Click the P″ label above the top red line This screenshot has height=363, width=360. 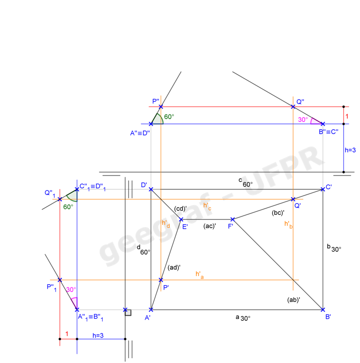(x=156, y=101)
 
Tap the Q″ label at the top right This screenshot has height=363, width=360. (x=300, y=102)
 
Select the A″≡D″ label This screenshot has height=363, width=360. (x=140, y=133)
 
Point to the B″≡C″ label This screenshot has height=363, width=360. (x=329, y=132)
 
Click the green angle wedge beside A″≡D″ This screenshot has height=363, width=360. (x=157, y=119)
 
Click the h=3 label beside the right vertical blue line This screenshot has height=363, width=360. (x=351, y=150)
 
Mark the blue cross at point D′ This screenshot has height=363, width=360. (x=151, y=189)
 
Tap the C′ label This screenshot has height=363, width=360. (x=329, y=187)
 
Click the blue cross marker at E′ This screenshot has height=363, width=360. (x=181, y=219)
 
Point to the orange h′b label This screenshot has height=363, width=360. (x=289, y=224)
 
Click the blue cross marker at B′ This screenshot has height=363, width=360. (x=323, y=310)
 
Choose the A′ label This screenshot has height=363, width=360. (x=148, y=318)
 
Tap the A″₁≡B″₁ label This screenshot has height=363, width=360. (x=90, y=317)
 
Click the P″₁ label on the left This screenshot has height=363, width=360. (x=51, y=287)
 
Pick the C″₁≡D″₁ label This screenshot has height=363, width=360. (x=91, y=186)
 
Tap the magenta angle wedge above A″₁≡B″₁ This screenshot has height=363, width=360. (x=74, y=302)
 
